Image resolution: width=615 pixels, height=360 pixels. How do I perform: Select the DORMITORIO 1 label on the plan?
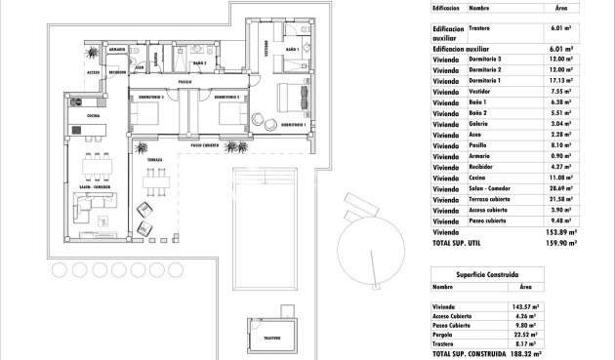(x=293, y=126)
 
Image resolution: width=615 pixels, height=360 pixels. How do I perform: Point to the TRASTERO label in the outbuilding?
(x=271, y=338)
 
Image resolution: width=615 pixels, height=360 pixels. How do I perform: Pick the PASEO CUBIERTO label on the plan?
(x=209, y=145)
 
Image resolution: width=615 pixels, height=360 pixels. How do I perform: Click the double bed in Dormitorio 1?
(x=291, y=98)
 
